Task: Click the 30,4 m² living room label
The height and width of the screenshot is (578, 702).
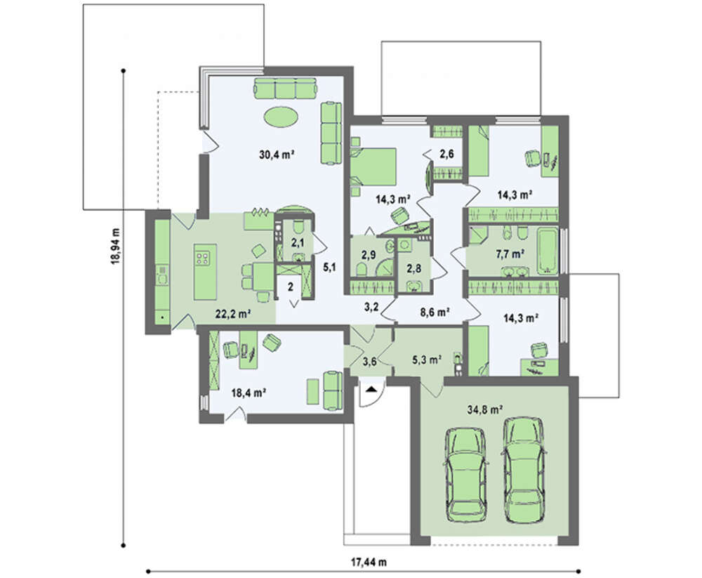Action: coord(276,155)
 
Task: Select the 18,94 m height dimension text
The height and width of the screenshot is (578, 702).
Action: coord(117,247)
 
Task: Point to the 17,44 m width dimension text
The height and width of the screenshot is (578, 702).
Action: coord(369,562)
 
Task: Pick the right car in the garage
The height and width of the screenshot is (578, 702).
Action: coord(524,470)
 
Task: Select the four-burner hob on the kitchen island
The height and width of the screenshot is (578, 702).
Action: coord(202,257)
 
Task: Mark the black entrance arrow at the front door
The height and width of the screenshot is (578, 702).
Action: coord(371,389)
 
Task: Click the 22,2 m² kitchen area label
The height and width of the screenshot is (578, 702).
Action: coord(232,314)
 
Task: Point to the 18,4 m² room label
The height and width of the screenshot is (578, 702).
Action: coord(249,393)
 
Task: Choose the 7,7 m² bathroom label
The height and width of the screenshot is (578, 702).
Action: coord(510,254)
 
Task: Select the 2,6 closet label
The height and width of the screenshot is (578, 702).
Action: coord(446,154)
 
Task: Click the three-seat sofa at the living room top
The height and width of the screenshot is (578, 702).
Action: coord(286,88)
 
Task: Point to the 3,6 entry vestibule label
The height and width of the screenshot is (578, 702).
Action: coord(369,362)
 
